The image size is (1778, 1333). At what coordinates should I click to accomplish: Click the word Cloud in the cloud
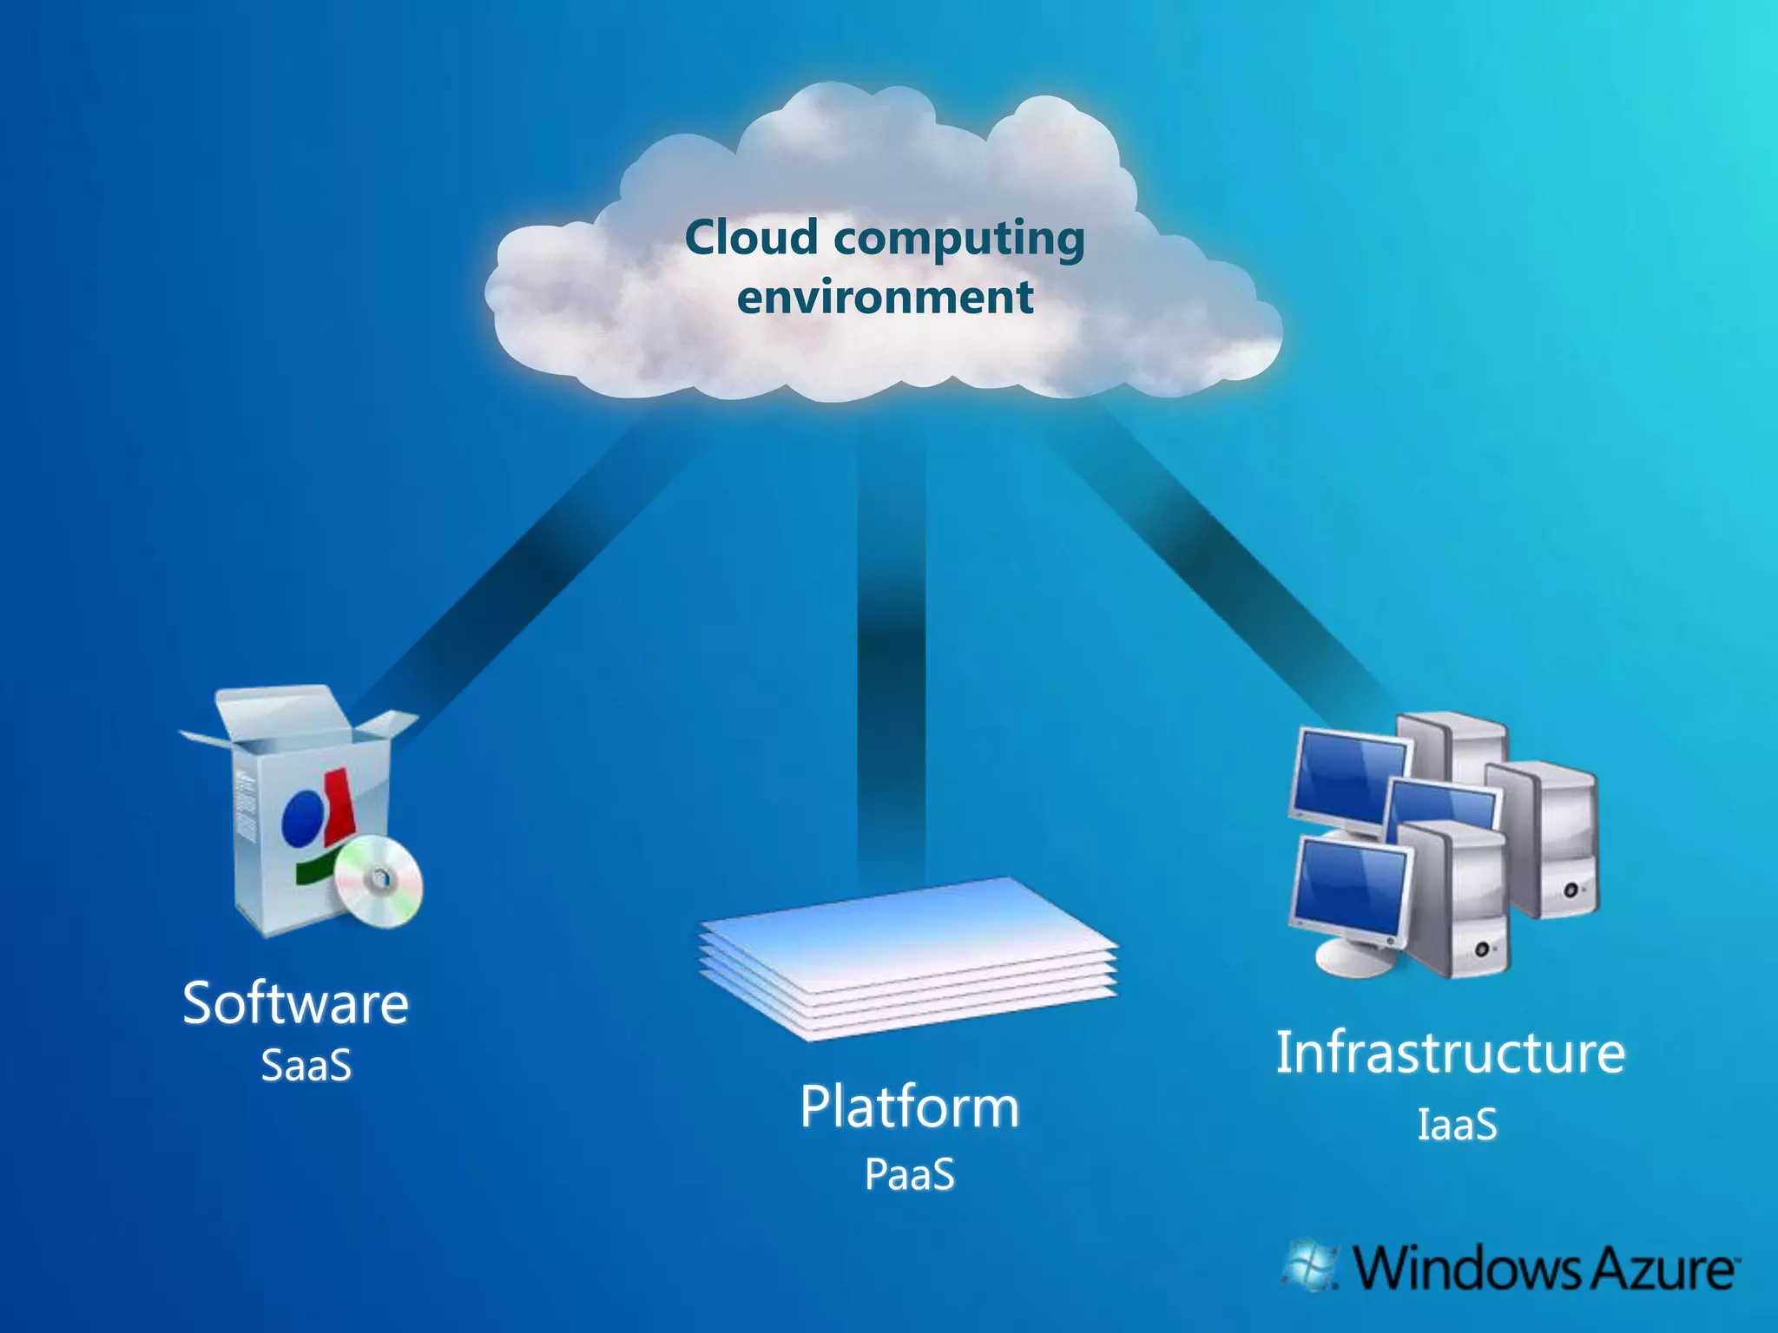click(751, 238)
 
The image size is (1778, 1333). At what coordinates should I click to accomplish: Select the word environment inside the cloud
click(885, 298)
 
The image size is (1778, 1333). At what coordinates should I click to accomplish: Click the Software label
click(295, 1004)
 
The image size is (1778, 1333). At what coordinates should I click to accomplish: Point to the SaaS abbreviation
click(306, 1065)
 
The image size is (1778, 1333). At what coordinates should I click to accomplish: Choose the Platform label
click(909, 1107)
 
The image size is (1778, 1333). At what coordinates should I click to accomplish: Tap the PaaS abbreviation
click(909, 1175)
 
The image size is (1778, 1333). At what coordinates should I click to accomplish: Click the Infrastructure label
click(1450, 1053)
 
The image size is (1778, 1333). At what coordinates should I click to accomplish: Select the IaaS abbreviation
click(1457, 1125)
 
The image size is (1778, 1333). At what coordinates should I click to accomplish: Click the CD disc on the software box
click(379, 880)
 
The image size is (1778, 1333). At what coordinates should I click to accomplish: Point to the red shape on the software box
click(338, 807)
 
